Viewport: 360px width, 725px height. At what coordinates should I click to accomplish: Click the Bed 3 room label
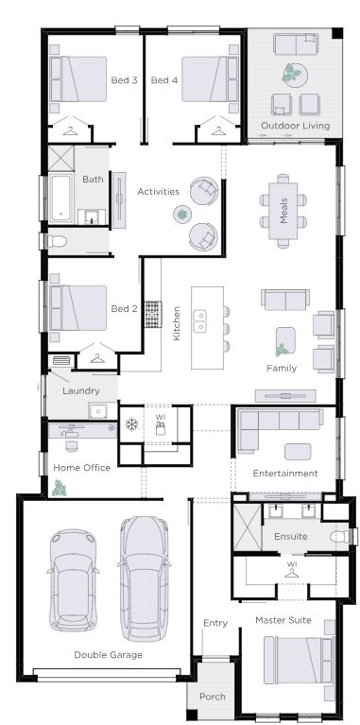click(x=124, y=80)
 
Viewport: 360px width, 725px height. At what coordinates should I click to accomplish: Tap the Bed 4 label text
click(x=164, y=80)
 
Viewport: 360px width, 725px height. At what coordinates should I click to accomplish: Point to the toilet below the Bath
click(x=58, y=241)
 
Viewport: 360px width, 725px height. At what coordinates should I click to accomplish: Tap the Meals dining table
click(x=283, y=210)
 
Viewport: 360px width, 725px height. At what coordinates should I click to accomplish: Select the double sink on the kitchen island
click(x=200, y=321)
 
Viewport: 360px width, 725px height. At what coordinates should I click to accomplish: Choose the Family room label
click(x=282, y=368)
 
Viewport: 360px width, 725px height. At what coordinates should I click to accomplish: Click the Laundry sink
click(x=95, y=409)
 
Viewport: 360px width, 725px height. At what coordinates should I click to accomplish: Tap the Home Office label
click(x=81, y=467)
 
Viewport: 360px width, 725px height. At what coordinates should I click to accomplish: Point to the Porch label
click(x=213, y=699)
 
